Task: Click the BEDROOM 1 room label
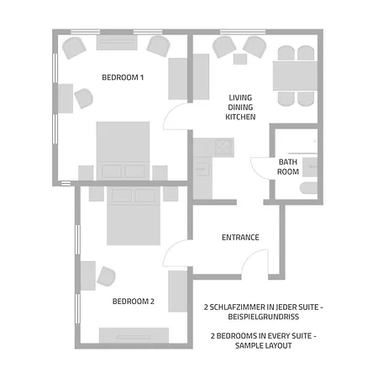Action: point(123,77)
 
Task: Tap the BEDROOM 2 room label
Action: point(134,302)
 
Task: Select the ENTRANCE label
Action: point(240,238)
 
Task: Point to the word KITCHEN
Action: point(240,117)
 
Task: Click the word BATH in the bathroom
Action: point(288,162)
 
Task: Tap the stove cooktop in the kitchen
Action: point(224,148)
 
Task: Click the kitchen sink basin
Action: point(202,170)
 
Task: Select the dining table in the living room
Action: point(295,76)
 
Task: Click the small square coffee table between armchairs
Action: point(240,59)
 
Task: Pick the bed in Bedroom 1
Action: point(123,150)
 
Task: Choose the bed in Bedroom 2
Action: point(134,216)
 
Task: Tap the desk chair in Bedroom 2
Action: point(107,276)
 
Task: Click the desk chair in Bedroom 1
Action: point(84,98)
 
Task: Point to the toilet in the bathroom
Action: point(308,188)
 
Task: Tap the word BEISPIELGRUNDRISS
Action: point(264,317)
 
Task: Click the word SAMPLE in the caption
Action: point(248,345)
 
